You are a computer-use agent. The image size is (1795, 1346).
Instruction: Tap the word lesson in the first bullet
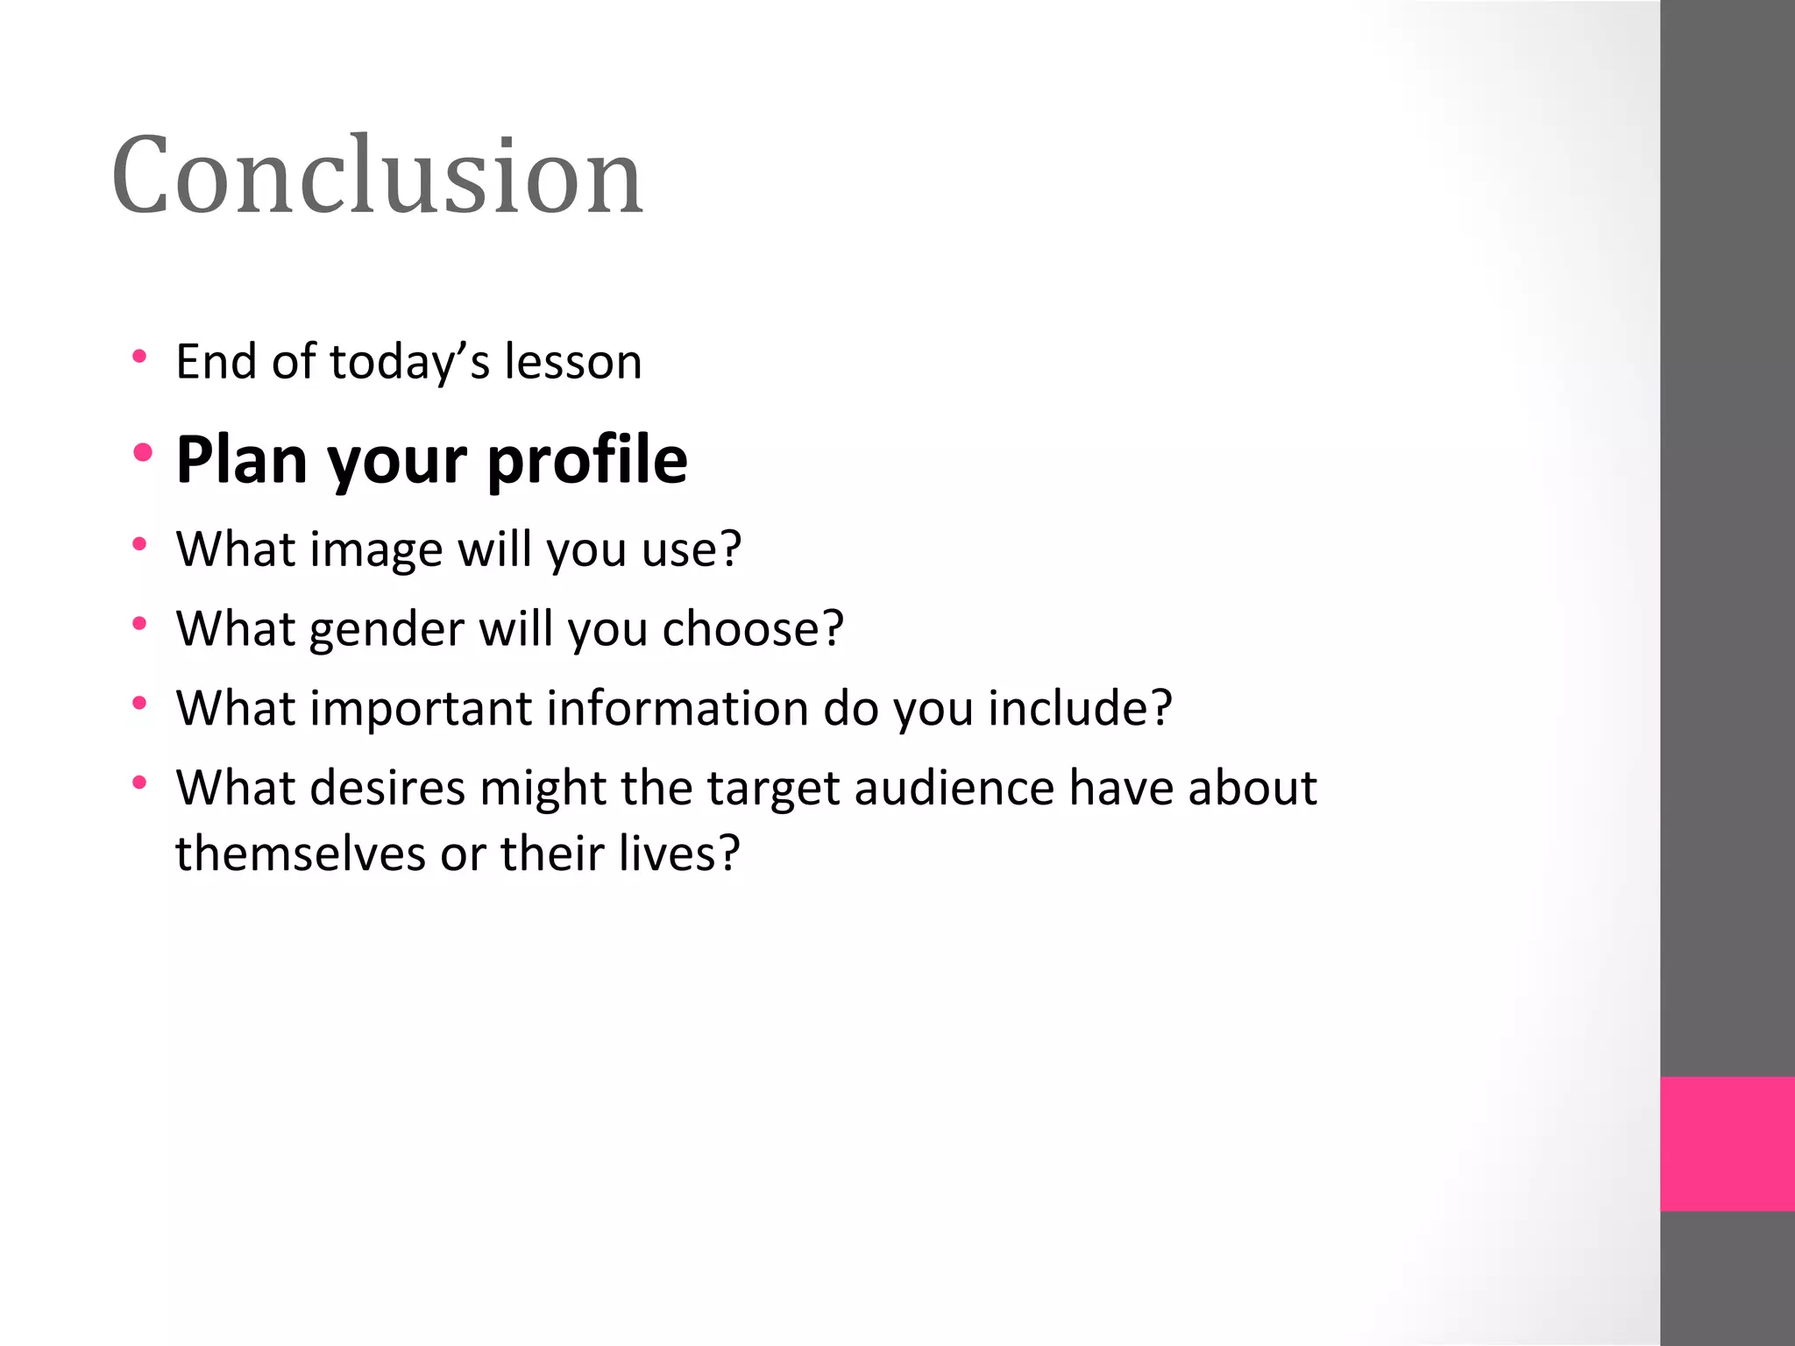pyautogui.click(x=572, y=362)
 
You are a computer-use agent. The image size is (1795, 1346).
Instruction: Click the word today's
pyautogui.click(x=408, y=363)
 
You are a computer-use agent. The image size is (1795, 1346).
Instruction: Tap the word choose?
pyautogui.click(x=752, y=629)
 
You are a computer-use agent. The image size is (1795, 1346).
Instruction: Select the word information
pyautogui.click(x=677, y=708)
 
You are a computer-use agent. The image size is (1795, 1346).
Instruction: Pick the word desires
pyautogui.click(x=387, y=788)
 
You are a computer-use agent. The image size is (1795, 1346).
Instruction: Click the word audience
pyautogui.click(x=954, y=788)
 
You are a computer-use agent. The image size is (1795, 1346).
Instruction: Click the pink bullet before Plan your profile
pyautogui.click(x=143, y=453)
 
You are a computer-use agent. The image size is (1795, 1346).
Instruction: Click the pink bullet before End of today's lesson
pyautogui.click(x=139, y=357)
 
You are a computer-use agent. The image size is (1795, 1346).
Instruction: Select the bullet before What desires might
pyautogui.click(x=139, y=782)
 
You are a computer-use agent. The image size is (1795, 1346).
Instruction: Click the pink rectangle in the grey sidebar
pyautogui.click(x=1727, y=1144)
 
